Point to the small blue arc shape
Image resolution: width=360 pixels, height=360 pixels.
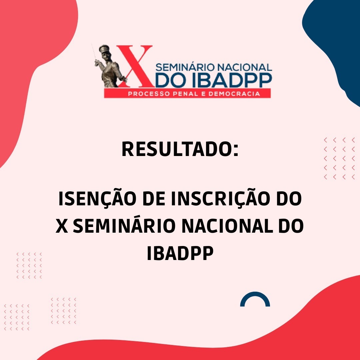255,299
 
